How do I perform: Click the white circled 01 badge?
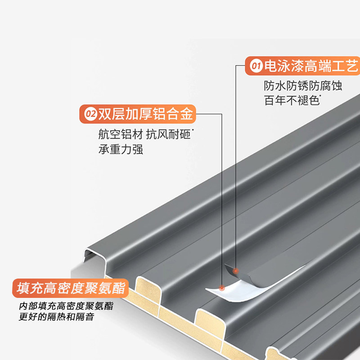coord(256,66)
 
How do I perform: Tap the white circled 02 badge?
coord(90,114)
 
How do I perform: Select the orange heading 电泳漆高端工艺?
coord(311,66)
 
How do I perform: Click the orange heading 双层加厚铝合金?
coord(145,114)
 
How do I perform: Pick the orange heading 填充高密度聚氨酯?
coord(71,288)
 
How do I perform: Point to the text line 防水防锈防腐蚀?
coord(303,86)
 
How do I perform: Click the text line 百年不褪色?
coord(292,100)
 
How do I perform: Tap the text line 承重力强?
coord(121,149)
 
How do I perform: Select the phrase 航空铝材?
coord(121,134)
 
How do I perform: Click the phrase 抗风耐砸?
coord(168,134)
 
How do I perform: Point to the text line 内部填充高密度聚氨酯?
coord(66,306)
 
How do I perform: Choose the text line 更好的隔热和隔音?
coord(57,317)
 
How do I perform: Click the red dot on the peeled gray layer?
coord(235,271)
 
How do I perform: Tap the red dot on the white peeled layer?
coord(221,288)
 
